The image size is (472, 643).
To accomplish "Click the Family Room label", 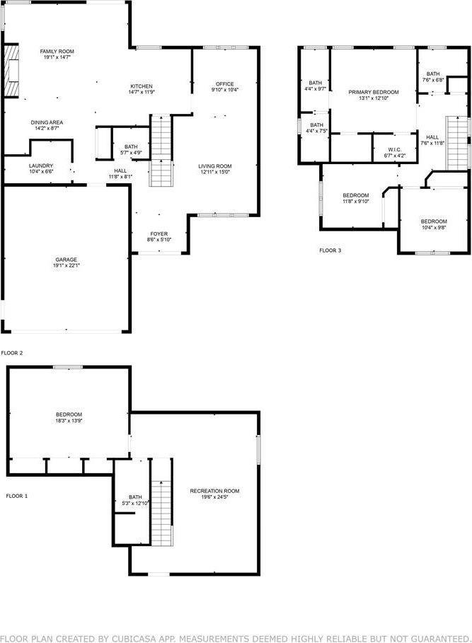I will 57,52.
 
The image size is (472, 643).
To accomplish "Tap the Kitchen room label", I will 141,86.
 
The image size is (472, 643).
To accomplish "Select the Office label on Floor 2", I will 224,84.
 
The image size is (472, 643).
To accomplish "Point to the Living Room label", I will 216,166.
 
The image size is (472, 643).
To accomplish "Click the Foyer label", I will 159,234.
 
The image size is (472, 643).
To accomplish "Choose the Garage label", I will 67,260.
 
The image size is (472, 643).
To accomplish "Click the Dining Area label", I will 47,122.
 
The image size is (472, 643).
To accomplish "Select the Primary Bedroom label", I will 373,93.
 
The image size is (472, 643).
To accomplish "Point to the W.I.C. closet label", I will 394,149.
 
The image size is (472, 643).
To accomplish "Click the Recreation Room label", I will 214,491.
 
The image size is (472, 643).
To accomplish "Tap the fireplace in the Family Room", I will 11,71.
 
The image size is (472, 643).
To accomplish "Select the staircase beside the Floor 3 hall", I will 458,144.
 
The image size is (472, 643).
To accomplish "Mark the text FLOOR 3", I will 330,250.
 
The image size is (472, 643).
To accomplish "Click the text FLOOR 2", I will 12,352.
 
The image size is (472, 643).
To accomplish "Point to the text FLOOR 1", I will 16,496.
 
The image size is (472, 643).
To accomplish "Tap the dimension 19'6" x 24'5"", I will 214,497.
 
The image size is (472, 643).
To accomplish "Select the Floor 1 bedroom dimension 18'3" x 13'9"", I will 69,421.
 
